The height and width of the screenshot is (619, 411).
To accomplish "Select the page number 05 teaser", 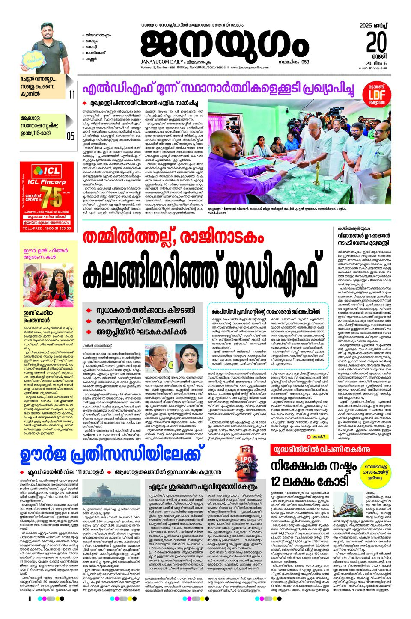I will click(x=71, y=136).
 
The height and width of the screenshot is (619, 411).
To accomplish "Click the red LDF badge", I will click(x=377, y=95).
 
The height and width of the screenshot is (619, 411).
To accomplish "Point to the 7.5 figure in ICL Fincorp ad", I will click(x=55, y=197).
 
